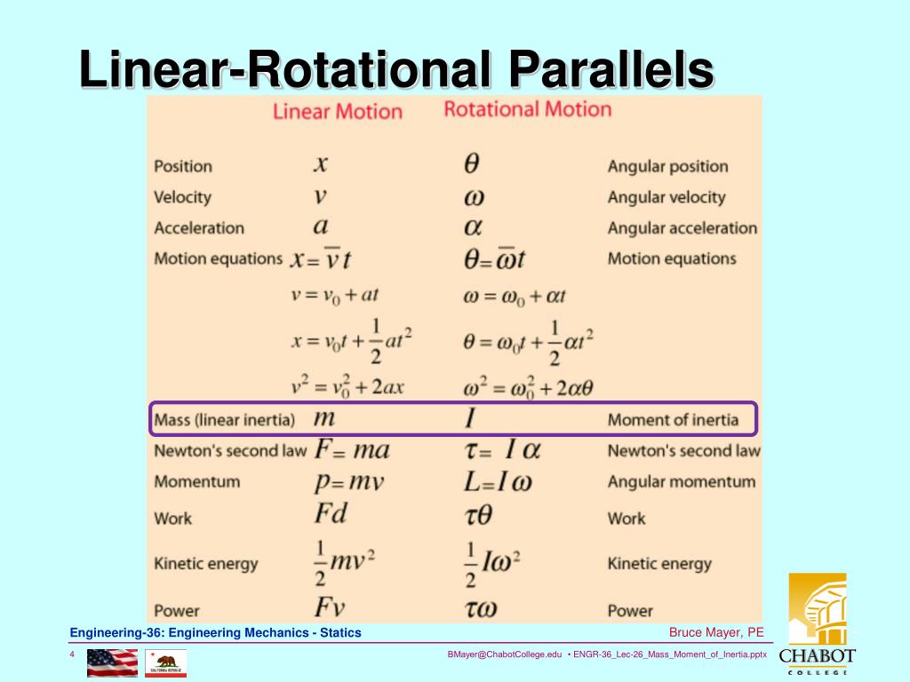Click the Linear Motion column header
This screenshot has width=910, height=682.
(337, 112)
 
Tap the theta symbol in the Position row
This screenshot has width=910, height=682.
(472, 164)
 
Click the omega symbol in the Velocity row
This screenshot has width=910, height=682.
(474, 196)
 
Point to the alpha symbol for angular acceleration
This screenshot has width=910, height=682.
(473, 227)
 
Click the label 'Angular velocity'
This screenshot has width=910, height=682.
(666, 197)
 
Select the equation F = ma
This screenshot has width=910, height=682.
(352, 449)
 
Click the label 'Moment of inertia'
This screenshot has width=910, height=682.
(673, 419)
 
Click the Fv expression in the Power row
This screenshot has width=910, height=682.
(330, 607)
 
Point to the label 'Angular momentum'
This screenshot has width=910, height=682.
(681, 482)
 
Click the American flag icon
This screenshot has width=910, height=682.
(112, 662)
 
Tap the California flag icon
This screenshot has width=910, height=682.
(166, 662)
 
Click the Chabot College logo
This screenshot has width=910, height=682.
(817, 623)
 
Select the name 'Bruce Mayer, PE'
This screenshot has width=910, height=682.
(716, 632)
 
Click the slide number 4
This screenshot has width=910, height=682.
(71, 654)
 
